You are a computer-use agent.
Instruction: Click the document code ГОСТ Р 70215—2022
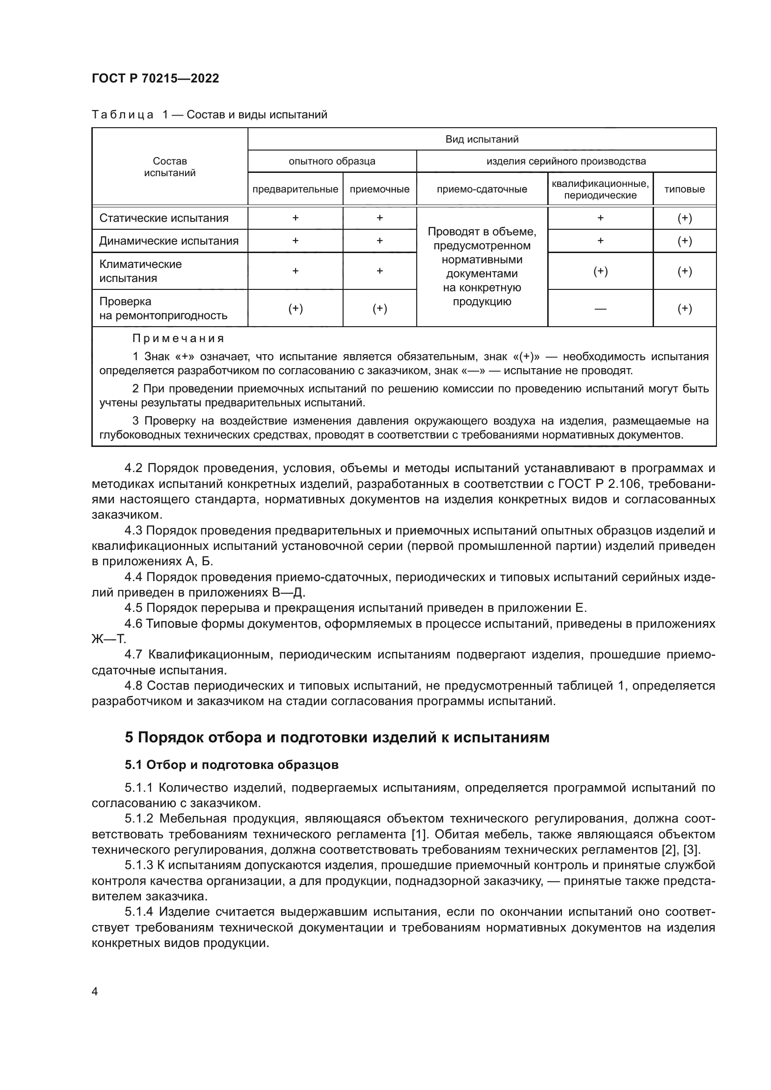tap(155, 79)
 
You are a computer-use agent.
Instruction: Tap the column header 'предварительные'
tap(295, 189)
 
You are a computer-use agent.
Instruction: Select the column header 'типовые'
tap(684, 189)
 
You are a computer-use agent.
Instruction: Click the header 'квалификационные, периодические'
tap(600, 189)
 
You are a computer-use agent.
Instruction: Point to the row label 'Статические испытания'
tap(164, 219)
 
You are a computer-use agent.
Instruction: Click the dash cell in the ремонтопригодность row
tap(600, 309)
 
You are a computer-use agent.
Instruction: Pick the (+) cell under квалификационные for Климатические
tap(600, 272)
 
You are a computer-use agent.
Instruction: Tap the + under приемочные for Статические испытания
tap(379, 219)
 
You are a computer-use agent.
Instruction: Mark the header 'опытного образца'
tap(332, 161)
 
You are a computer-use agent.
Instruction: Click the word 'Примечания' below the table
tap(178, 339)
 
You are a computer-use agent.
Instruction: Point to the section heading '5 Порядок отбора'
tap(337, 737)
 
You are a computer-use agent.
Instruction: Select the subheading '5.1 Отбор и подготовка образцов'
tap(232, 765)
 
